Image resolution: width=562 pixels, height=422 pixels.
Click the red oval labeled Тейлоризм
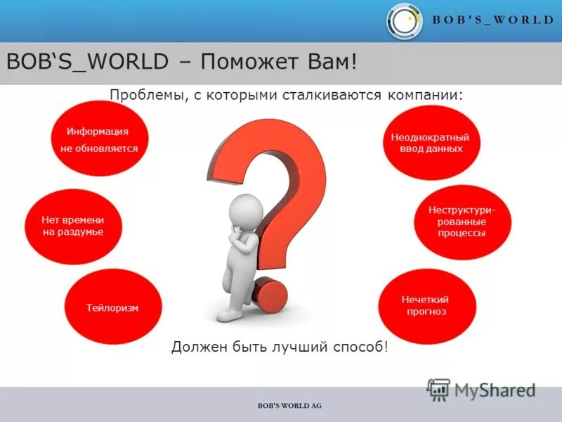[x=113, y=307]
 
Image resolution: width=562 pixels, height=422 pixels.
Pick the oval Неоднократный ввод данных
[x=431, y=143]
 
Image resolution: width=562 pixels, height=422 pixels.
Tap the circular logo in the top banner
[x=405, y=21]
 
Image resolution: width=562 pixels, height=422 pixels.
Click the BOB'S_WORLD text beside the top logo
[x=492, y=20]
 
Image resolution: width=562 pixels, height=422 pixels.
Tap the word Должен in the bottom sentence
[x=195, y=347]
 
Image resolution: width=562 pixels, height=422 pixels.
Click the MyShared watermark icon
[x=438, y=389]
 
